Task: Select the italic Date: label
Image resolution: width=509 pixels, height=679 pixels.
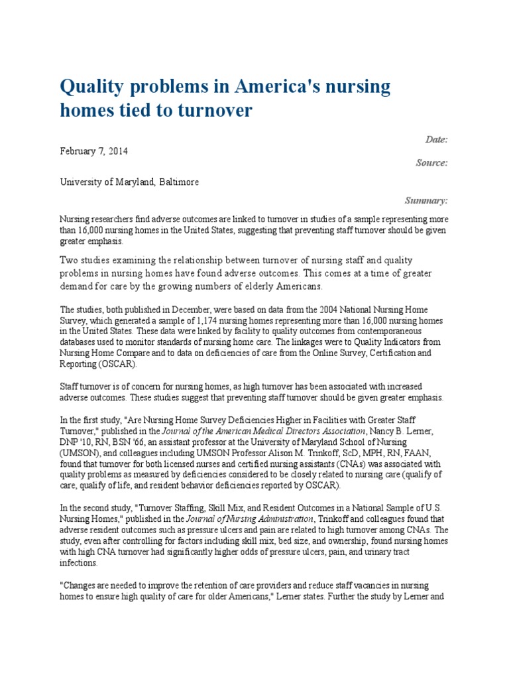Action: pyautogui.click(x=435, y=139)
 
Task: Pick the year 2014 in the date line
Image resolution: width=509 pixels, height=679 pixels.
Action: pyautogui.click(x=117, y=151)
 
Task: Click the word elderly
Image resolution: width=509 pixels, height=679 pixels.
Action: pyautogui.click(x=251, y=286)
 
